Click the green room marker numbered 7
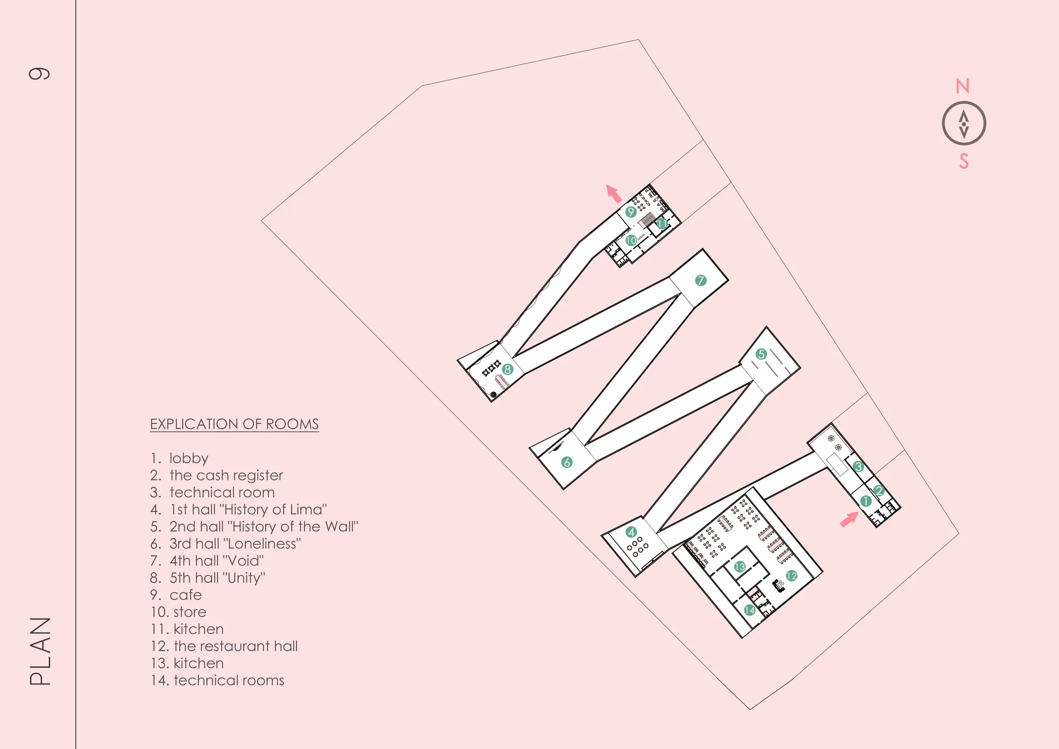click(701, 280)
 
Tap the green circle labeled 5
click(761, 354)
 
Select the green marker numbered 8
click(508, 369)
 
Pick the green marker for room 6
click(567, 462)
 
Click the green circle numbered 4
click(631, 532)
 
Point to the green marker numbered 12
click(792, 576)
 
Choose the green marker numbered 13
click(740, 567)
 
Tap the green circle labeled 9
click(631, 212)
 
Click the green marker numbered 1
click(866, 501)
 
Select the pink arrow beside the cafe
click(614, 193)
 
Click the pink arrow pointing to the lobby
click(849, 519)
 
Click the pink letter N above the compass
click(963, 86)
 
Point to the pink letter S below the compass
click(964, 161)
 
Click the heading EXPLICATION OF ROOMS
click(234, 424)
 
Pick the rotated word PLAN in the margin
click(40, 651)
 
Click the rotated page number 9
click(39, 73)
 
